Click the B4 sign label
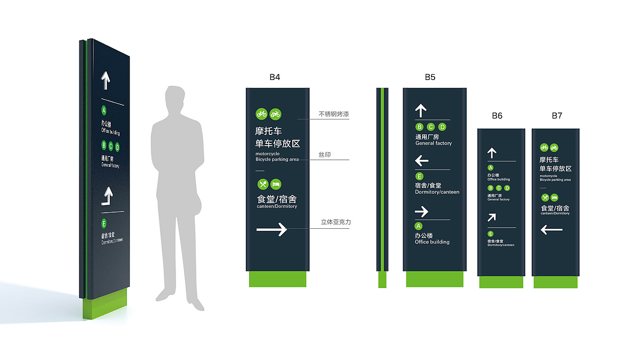coord(275,77)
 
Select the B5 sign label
coord(430,77)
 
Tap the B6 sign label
coord(497,115)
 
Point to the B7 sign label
coord(557,115)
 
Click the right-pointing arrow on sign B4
coord(271,229)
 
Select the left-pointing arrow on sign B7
coord(551,230)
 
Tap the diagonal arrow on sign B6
coord(492,217)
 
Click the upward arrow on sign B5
coord(421,110)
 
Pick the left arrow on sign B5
coord(421,161)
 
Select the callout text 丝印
coord(325,155)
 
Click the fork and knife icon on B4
coord(262,184)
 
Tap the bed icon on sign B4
coord(276,184)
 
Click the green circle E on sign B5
coord(419,177)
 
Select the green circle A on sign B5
coord(419,226)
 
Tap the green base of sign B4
coord(277,279)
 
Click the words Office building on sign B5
coord(432,242)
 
